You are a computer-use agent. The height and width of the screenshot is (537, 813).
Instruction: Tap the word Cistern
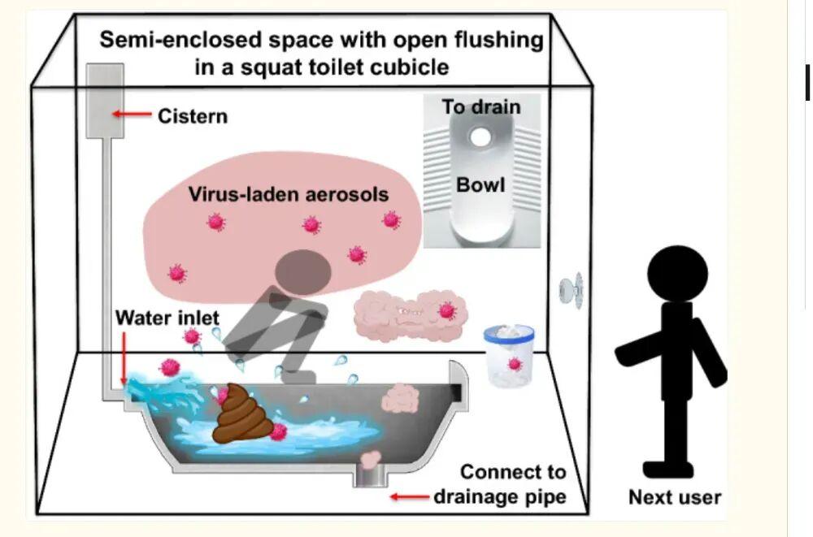tap(193, 116)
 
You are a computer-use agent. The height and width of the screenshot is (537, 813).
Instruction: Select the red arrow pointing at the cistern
tap(131, 115)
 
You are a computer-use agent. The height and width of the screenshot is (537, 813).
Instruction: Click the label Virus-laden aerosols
tap(289, 195)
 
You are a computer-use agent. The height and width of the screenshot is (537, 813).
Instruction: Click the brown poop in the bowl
tap(241, 414)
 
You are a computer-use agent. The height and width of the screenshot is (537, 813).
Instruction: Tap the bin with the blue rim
tap(509, 355)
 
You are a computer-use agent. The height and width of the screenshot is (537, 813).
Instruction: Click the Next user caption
tap(675, 497)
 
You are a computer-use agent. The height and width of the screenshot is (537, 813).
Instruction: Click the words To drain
tap(481, 106)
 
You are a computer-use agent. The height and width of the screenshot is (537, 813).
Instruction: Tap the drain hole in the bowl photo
tap(481, 137)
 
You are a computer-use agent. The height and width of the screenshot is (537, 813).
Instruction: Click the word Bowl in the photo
tap(480, 184)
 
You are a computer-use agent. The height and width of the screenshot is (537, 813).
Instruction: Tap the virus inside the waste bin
tap(514, 363)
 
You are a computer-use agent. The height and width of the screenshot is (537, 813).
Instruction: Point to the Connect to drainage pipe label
tap(499, 483)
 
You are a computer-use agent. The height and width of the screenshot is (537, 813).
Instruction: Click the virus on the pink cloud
tap(446, 310)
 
